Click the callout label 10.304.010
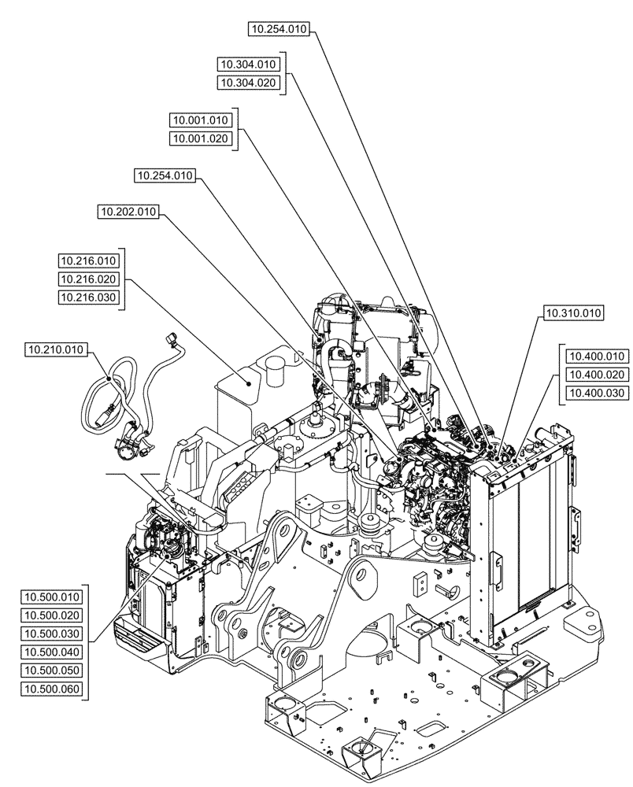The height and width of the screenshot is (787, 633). click(x=249, y=65)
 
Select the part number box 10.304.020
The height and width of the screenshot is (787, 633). click(x=249, y=83)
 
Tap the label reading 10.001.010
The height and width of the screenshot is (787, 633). click(x=200, y=120)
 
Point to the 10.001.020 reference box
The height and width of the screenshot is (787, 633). click(x=200, y=139)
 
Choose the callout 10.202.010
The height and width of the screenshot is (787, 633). click(x=129, y=212)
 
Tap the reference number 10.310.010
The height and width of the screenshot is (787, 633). click(x=572, y=313)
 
